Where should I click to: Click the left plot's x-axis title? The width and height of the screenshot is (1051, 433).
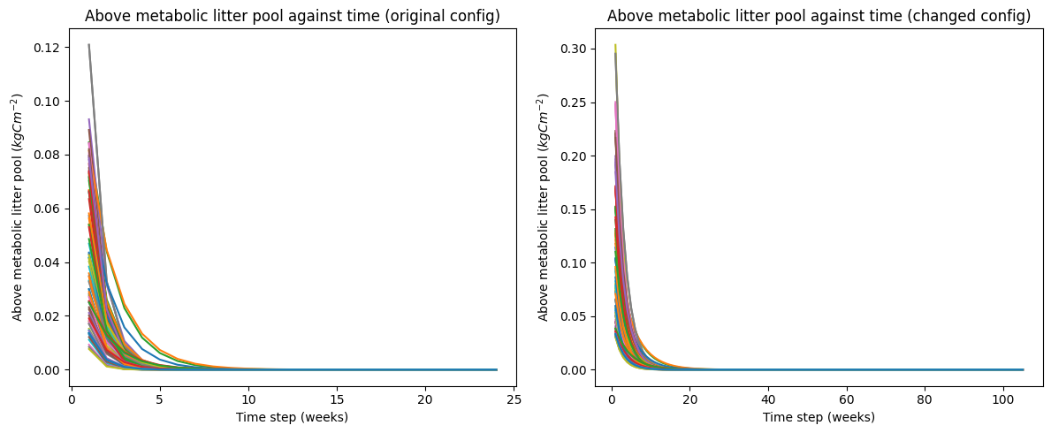point(293,417)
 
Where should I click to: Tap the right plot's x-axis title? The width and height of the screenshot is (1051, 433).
point(819,417)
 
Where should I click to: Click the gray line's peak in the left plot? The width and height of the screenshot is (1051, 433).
point(88,45)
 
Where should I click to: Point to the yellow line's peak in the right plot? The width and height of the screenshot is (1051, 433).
point(615,45)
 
